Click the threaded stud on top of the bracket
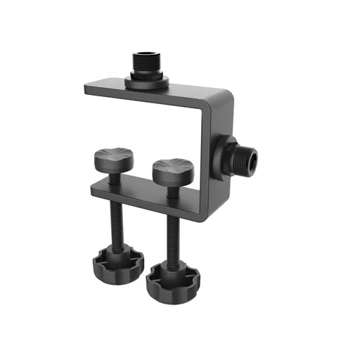(x=146, y=63)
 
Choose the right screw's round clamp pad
(x=172, y=171)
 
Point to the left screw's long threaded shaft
(x=115, y=225)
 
